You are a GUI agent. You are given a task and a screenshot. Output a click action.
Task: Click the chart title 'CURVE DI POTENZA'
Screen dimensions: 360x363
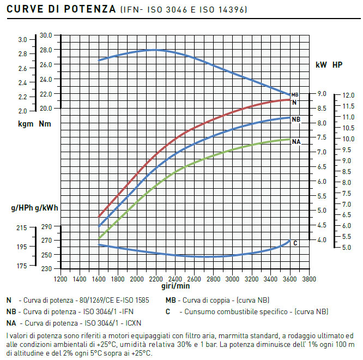(59, 9)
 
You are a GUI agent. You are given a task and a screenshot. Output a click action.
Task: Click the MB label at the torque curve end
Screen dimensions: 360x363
(295, 95)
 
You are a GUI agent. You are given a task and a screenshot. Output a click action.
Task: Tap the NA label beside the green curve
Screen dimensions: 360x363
(297, 142)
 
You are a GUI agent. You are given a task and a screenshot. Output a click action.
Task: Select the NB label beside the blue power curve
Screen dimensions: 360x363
(296, 119)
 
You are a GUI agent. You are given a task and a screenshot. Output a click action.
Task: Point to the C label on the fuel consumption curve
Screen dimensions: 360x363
(295, 243)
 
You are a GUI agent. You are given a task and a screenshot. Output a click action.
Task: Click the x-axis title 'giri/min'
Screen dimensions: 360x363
(176, 285)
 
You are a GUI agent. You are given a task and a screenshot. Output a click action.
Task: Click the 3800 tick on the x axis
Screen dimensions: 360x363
(309, 278)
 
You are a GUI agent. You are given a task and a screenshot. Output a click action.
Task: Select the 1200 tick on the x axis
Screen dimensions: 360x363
(60, 278)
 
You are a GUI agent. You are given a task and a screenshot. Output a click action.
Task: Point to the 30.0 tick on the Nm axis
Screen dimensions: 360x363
(46, 35)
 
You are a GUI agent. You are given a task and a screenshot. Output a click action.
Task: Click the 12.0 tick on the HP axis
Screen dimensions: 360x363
(349, 95)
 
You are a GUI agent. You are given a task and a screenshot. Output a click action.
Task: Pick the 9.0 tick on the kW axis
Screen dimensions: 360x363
(322, 94)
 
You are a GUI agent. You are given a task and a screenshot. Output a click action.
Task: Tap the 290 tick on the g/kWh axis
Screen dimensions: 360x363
(46, 226)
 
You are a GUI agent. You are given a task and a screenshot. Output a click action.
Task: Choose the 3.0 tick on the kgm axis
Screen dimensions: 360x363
(22, 40)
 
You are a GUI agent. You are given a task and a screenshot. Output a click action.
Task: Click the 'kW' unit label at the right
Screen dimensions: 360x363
(321, 65)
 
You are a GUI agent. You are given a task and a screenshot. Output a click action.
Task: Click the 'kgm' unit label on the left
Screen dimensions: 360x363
(25, 124)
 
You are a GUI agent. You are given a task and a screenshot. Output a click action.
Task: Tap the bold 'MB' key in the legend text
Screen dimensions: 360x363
(171, 300)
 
